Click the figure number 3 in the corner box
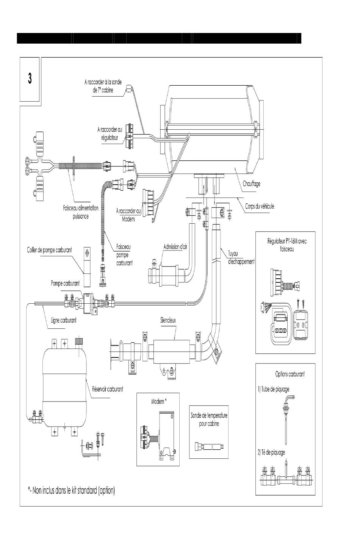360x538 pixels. coord(30,78)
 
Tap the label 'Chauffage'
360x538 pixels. coord(251,184)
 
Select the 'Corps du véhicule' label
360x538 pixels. coord(260,206)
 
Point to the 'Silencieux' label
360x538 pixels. coord(168,320)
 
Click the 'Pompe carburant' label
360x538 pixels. coord(65,284)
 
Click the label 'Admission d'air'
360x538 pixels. coord(175,247)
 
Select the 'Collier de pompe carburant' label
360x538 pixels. coord(49,250)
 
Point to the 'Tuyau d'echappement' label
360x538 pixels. coord(241,257)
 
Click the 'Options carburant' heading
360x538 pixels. coord(290,374)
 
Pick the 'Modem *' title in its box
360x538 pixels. coord(159,402)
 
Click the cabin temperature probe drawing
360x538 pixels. coord(209,447)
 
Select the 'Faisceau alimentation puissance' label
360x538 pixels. coord(81,212)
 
